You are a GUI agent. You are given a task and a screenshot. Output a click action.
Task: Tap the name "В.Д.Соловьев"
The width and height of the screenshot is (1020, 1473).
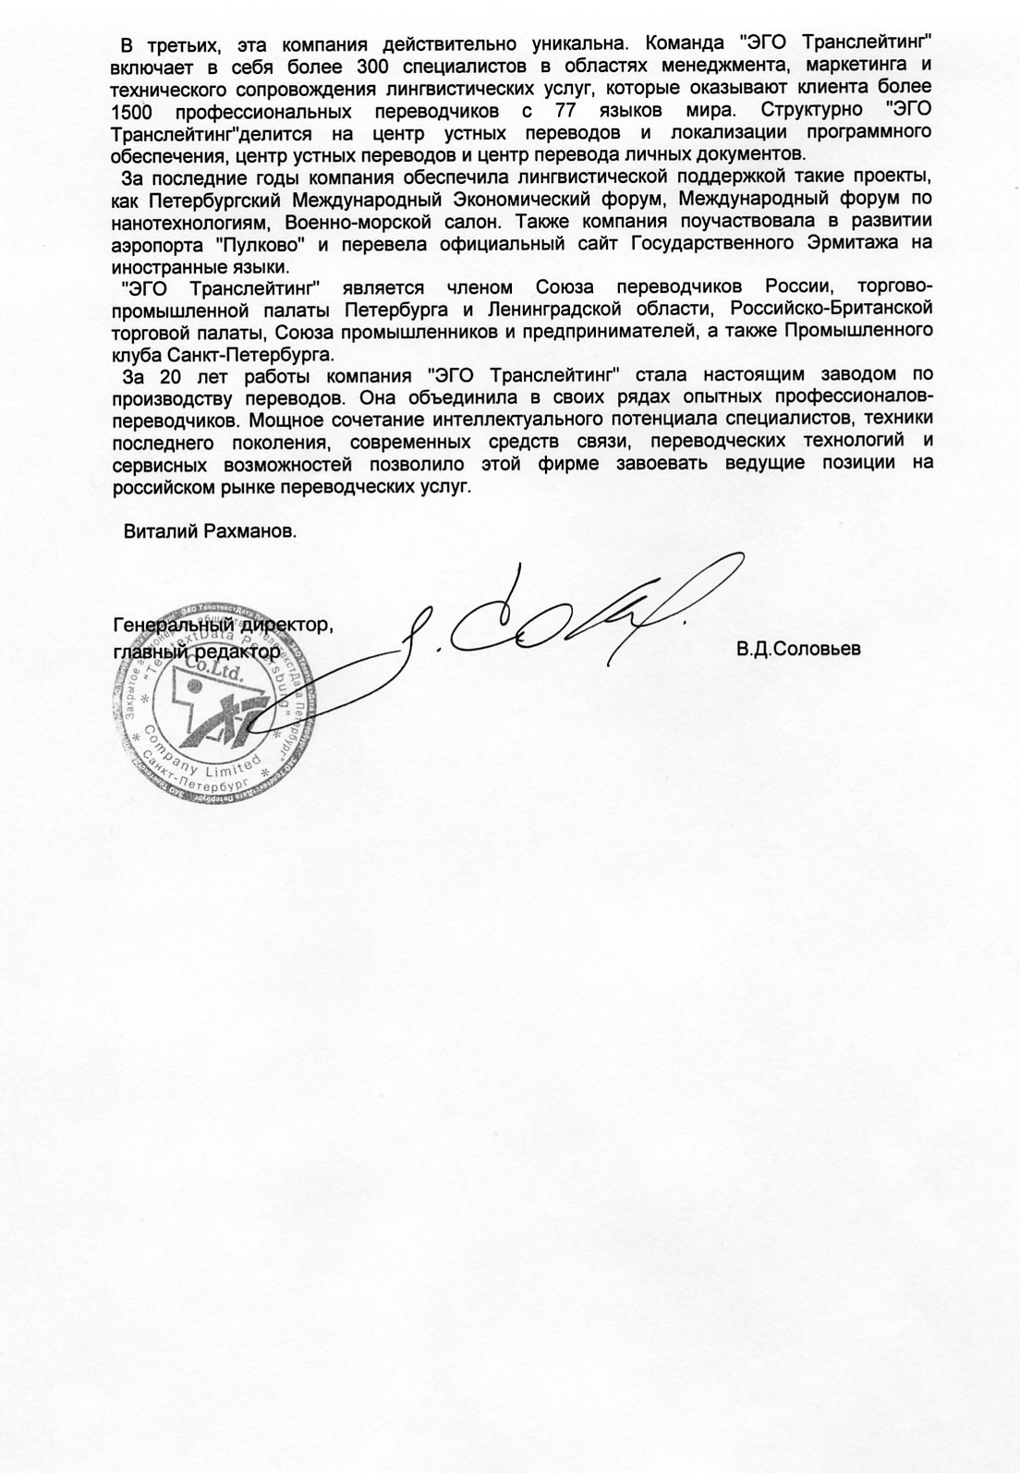tap(798, 649)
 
